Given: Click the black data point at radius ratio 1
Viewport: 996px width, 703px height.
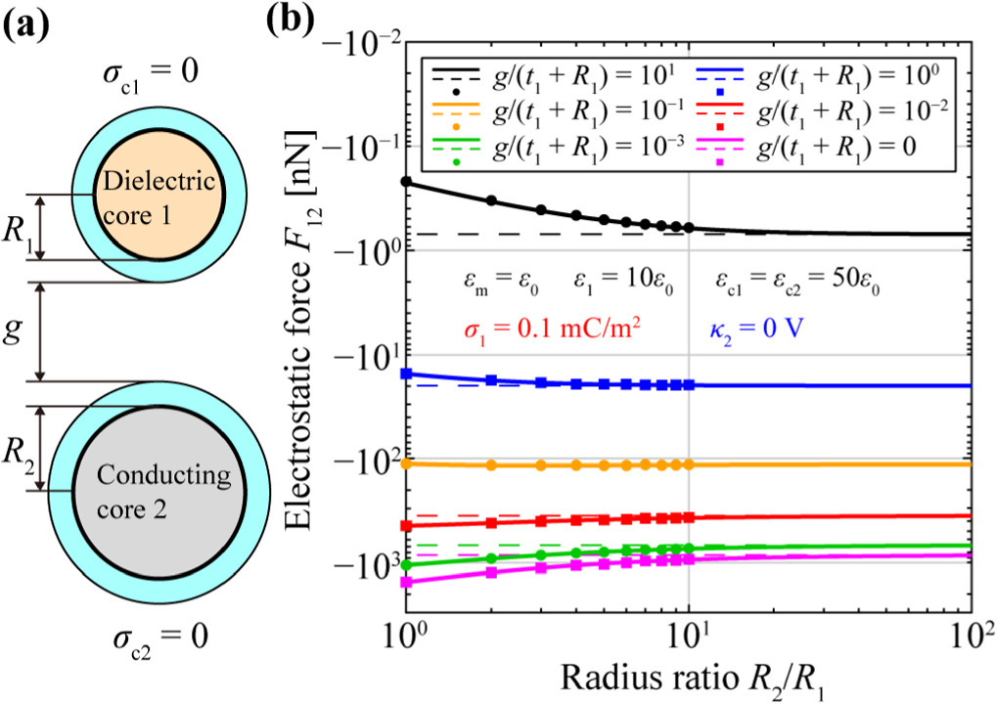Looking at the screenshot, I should (x=405, y=182).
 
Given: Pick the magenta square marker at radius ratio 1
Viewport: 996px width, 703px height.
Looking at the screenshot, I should (x=405, y=582).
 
